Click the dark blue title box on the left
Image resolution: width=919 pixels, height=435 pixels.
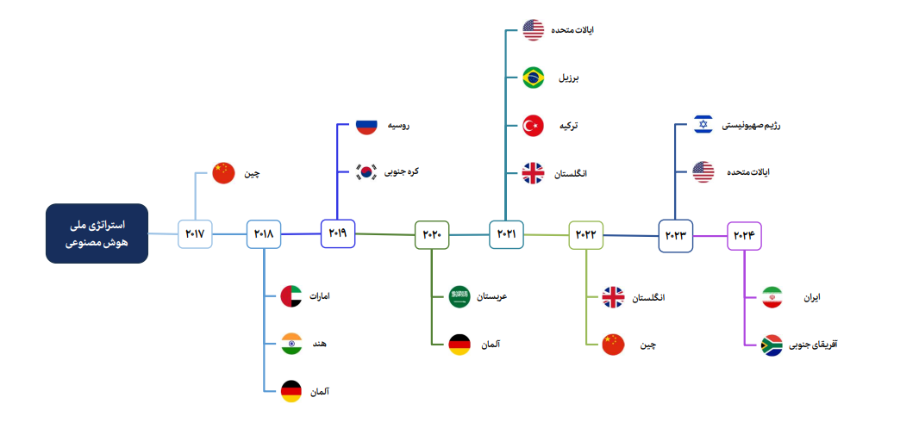coord(97,233)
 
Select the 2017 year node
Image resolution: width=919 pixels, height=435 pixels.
coord(195,234)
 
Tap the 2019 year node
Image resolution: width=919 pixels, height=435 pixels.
coord(337,233)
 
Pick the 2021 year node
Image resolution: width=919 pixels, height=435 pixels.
coord(506,234)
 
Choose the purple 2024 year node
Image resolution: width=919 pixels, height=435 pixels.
coord(743,234)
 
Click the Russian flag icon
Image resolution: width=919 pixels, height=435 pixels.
coord(366,126)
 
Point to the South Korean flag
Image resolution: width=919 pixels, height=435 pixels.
coord(366,171)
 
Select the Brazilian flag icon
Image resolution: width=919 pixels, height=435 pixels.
coord(533,78)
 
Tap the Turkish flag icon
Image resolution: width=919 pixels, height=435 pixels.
coord(533,126)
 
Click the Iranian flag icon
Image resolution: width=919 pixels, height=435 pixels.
coord(772,298)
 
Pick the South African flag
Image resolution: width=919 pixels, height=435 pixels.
coord(772,345)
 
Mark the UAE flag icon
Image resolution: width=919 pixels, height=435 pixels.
coord(291,297)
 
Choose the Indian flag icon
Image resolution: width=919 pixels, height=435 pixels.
coord(291,344)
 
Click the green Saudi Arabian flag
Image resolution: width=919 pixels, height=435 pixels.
coord(459,297)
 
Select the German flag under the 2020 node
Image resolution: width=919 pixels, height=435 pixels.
coord(459,345)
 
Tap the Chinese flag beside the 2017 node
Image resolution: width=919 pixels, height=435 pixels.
coord(223,173)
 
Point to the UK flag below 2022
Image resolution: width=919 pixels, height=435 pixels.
coord(613,298)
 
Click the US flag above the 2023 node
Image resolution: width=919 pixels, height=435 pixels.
coord(703,172)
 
